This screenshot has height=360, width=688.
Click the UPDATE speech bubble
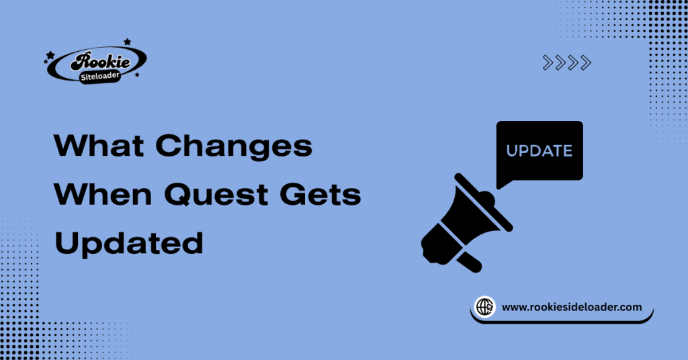click(539, 150)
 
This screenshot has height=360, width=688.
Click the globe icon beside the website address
click(485, 307)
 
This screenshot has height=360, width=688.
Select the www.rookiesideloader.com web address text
click(572, 307)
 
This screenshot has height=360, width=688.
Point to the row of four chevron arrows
click(566, 63)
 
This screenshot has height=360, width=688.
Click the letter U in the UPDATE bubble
click(511, 151)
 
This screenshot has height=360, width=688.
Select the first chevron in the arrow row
click(548, 63)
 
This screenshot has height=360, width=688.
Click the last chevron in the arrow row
click(586, 63)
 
